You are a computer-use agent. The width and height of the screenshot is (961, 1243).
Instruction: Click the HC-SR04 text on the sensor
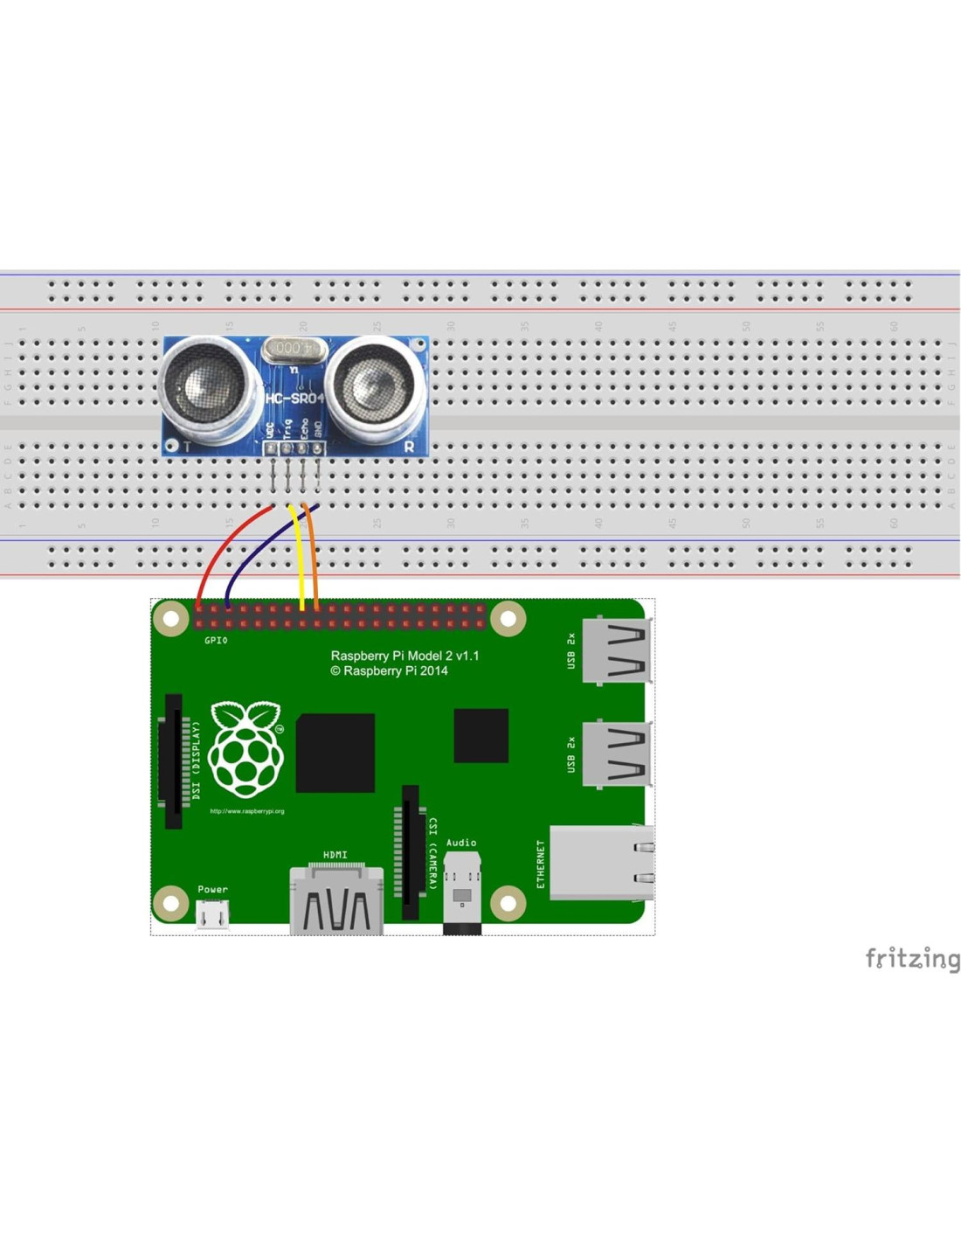294,399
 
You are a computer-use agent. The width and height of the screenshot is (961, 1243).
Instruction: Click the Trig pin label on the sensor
287,428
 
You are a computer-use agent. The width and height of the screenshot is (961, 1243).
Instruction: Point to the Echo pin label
303,428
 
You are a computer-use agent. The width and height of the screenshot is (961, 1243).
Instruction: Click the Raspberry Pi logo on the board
247,749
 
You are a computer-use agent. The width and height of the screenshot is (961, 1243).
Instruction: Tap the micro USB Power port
212,914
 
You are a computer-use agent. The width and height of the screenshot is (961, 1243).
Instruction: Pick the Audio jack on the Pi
461,892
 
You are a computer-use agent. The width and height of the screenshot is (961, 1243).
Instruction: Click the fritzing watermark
911,958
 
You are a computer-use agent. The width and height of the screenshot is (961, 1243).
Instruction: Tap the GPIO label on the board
216,641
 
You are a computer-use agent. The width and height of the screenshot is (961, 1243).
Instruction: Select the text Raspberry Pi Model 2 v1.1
404,656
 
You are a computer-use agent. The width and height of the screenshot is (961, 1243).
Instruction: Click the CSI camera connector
409,852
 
